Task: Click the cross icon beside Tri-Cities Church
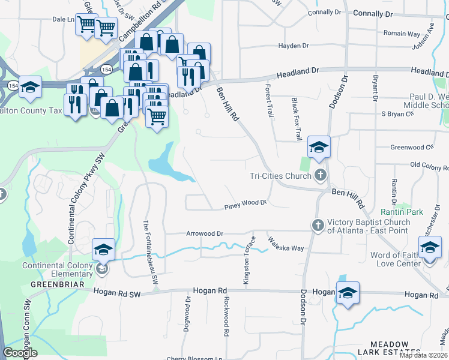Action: (x=320, y=175)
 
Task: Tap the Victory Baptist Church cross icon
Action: (x=317, y=225)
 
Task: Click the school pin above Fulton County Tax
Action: (x=30, y=88)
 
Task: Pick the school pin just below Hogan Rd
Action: (x=347, y=293)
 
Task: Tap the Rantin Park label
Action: (x=402, y=212)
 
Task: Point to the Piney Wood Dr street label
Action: (x=245, y=203)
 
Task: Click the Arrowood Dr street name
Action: (x=205, y=233)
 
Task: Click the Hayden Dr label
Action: (x=293, y=46)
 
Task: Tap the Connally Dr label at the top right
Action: (x=372, y=13)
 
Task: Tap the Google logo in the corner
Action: (x=20, y=352)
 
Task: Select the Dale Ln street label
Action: (x=63, y=19)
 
